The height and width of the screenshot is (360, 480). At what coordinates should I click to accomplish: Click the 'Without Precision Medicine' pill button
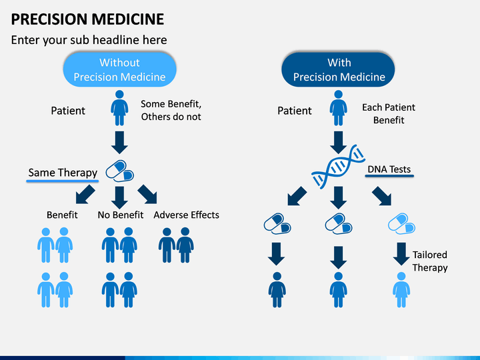coord(120,69)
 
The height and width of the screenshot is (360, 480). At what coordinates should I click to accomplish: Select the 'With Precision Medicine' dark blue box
coord(338,69)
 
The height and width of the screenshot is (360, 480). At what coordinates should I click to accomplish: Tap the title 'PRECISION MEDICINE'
coord(87,19)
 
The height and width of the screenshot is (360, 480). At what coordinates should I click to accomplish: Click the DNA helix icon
coord(338,167)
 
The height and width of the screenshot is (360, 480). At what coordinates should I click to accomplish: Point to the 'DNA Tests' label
coord(389,169)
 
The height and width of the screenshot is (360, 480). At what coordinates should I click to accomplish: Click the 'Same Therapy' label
coord(63,173)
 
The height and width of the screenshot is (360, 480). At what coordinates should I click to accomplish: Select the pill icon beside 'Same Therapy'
coord(120,171)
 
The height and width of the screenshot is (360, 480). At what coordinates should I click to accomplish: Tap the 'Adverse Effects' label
coord(186,215)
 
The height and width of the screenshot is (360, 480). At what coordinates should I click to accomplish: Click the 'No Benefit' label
coord(120,215)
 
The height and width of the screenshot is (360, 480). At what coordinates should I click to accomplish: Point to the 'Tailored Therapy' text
coord(430,261)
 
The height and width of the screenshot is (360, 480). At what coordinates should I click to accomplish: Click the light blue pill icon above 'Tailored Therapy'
coord(401,224)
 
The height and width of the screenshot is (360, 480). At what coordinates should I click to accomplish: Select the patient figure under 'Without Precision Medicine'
coord(119,108)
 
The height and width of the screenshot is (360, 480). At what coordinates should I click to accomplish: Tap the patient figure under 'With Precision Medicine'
coord(338,108)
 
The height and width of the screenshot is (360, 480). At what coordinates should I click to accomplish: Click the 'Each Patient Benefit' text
coord(389,113)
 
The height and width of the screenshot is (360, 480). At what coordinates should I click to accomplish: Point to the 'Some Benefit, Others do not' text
coord(171,110)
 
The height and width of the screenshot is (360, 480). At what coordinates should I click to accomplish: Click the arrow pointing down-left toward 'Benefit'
coord(85,195)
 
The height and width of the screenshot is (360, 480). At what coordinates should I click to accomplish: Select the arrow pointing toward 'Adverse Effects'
coord(147,195)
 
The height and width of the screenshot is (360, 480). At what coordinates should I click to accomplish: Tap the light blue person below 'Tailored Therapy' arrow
coord(401,289)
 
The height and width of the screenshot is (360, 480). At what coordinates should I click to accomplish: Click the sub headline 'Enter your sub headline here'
coord(89,40)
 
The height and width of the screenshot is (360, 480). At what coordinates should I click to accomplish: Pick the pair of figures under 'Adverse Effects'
coord(176,245)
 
